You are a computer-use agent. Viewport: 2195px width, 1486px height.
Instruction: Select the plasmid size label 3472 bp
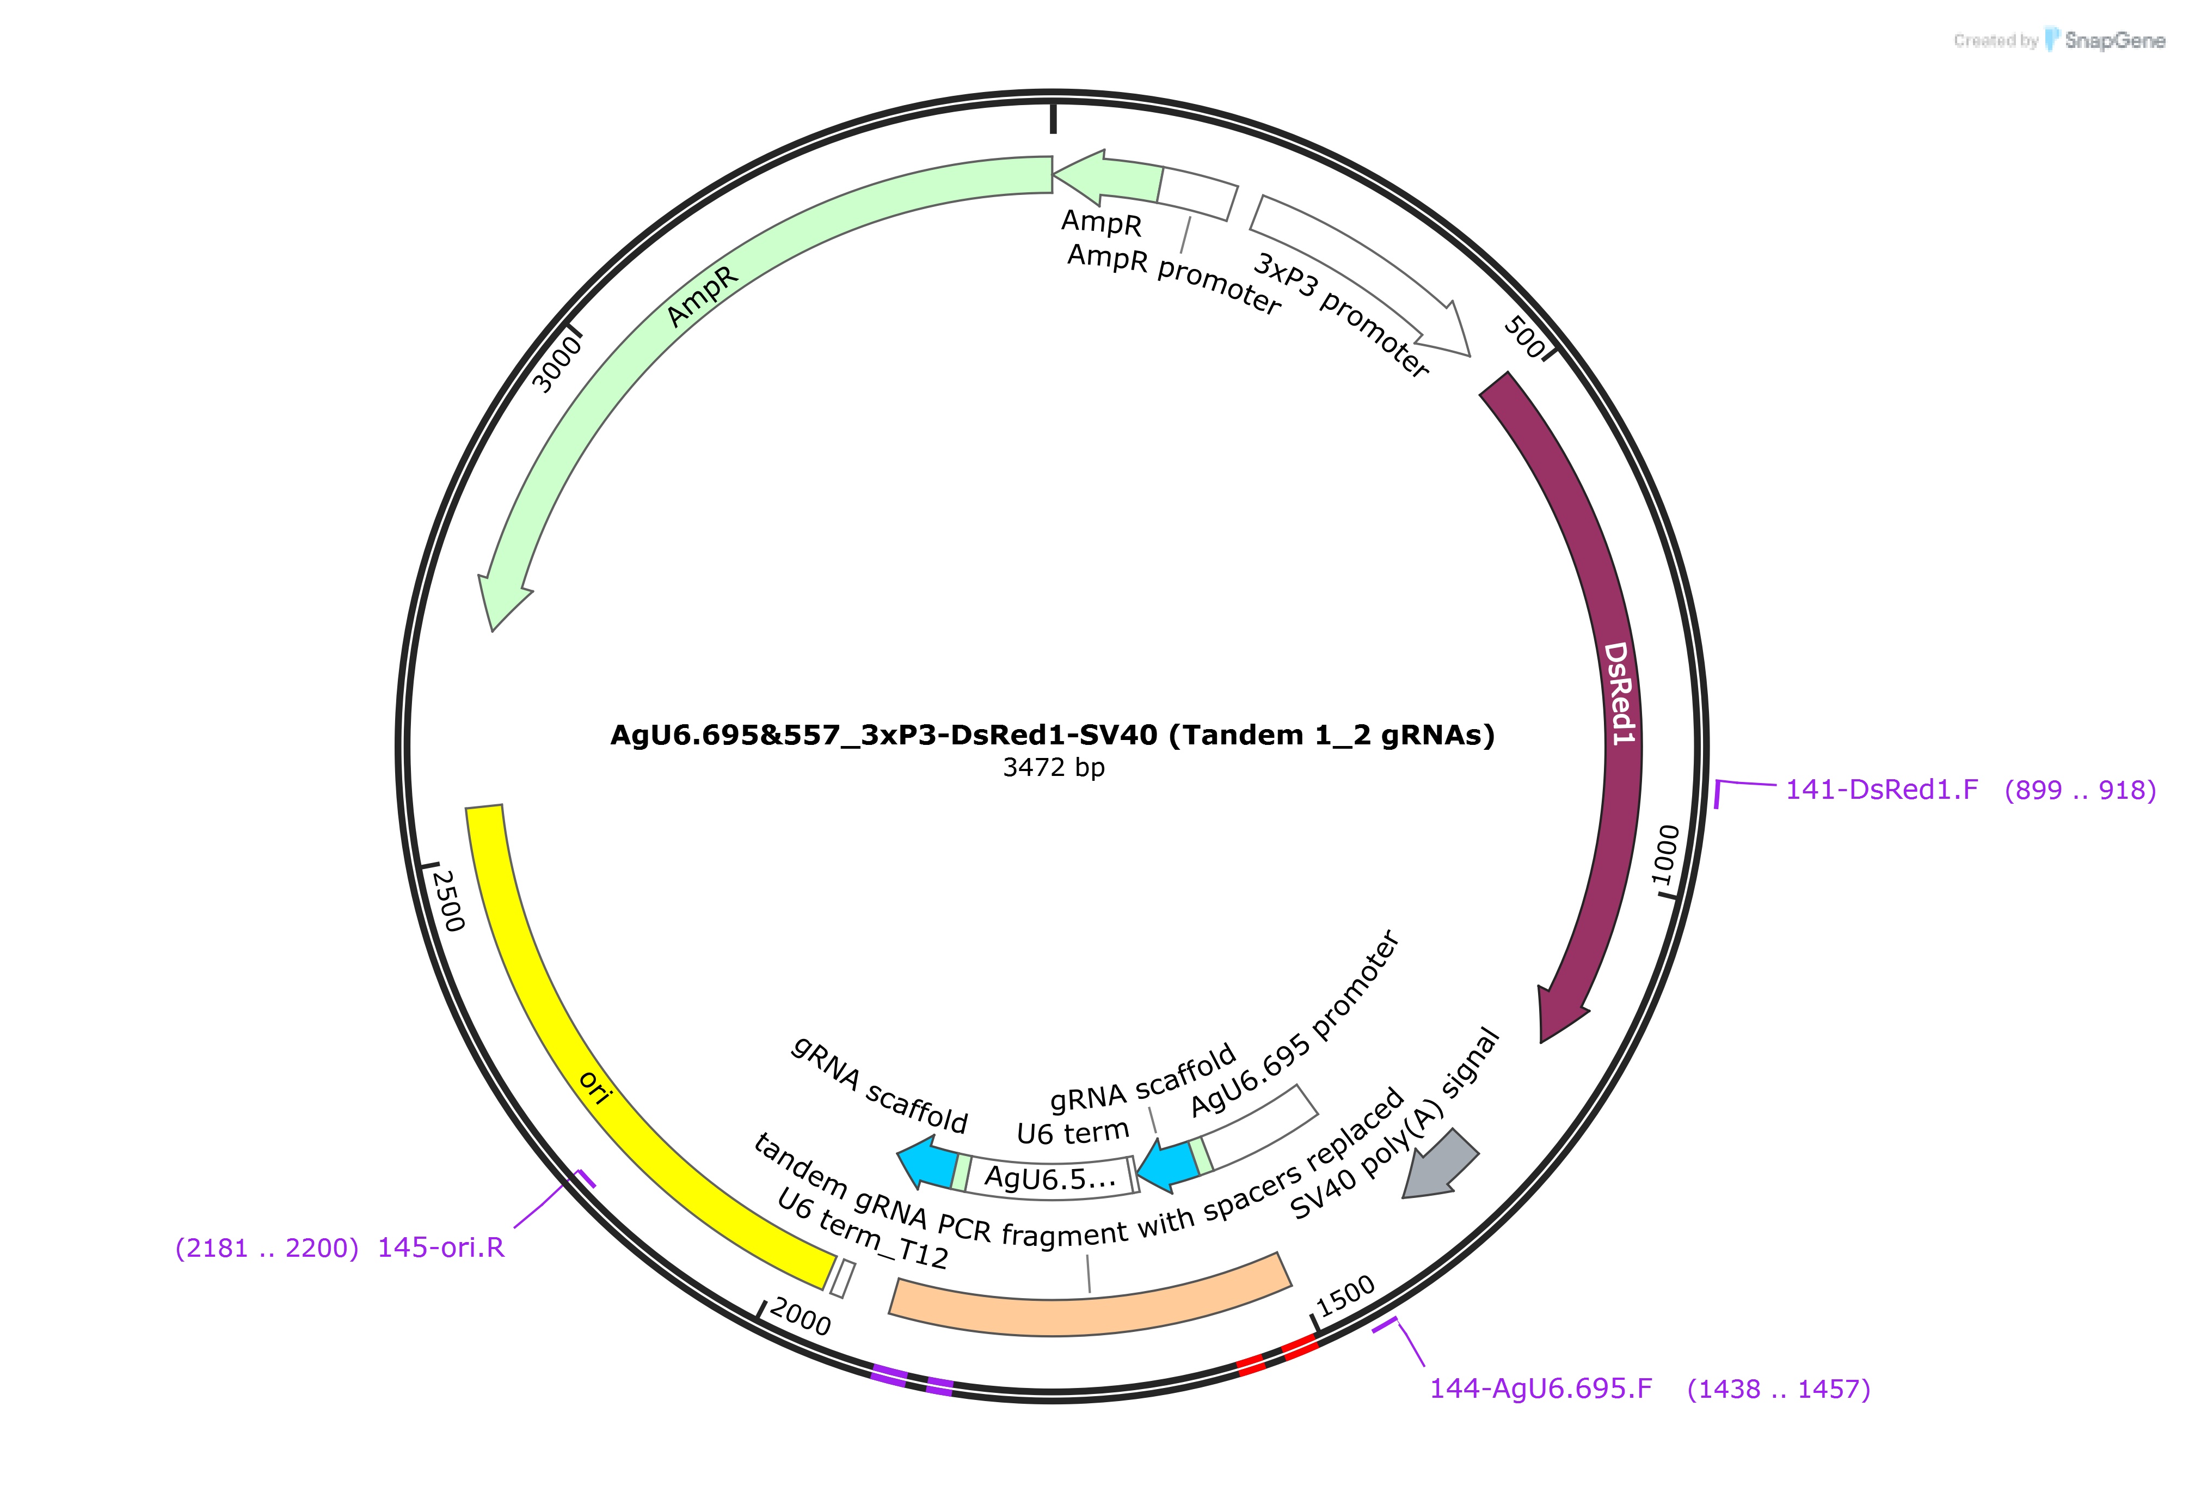[1053, 767]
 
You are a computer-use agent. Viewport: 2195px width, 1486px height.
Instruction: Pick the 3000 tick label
[557, 365]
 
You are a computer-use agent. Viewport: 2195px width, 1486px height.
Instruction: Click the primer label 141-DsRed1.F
[1882, 790]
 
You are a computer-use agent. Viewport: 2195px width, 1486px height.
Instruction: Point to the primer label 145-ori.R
[441, 1248]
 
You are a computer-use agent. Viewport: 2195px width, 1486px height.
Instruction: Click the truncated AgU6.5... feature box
[1048, 1177]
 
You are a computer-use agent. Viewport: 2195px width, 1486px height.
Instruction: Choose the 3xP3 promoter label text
[1341, 315]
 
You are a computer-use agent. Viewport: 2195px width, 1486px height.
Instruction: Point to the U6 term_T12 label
[862, 1228]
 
